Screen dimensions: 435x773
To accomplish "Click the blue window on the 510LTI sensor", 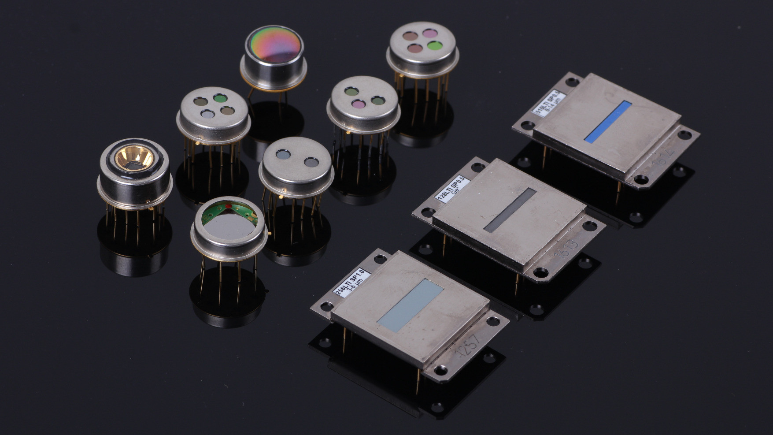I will tap(608, 121).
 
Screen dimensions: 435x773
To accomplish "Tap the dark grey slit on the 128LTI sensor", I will tap(510, 210).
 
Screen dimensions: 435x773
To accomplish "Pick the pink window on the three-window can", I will tap(356, 104).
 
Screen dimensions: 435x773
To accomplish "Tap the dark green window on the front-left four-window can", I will tap(218, 99).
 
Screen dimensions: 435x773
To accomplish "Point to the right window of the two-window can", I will tap(311, 162).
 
